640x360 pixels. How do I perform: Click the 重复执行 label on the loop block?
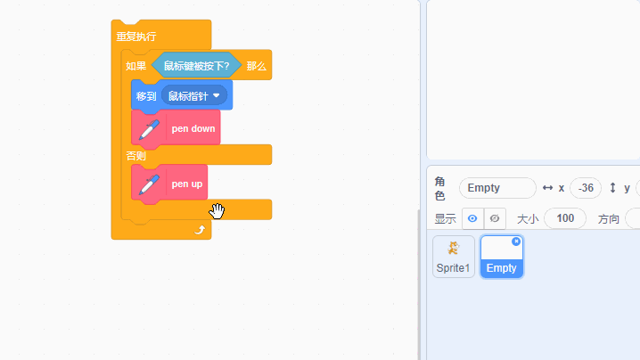[136, 37]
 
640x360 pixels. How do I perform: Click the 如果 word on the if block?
[136, 66]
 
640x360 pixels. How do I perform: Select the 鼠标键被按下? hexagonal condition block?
[196, 66]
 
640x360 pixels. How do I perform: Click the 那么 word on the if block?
[256, 66]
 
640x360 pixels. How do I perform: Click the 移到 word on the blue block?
[145, 95]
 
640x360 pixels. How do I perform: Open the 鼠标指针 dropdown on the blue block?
[216, 95]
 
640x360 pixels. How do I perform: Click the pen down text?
[193, 129]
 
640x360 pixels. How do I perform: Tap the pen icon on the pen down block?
[150, 129]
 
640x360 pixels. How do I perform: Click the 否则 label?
[136, 156]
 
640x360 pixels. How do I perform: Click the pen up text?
[187, 184]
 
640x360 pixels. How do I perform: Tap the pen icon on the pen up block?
[150, 184]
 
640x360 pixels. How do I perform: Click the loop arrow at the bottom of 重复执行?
[200, 230]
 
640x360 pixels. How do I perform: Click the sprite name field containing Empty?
[496, 188]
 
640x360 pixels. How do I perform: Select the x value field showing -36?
[585, 188]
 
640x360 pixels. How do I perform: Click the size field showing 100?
[564, 218]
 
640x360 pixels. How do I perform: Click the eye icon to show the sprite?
[472, 218]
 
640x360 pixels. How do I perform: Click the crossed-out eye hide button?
[495, 218]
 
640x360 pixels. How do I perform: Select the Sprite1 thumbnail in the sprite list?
[454, 257]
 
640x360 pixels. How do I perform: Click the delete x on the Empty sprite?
[516, 241]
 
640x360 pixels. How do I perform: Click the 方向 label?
[609, 218]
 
